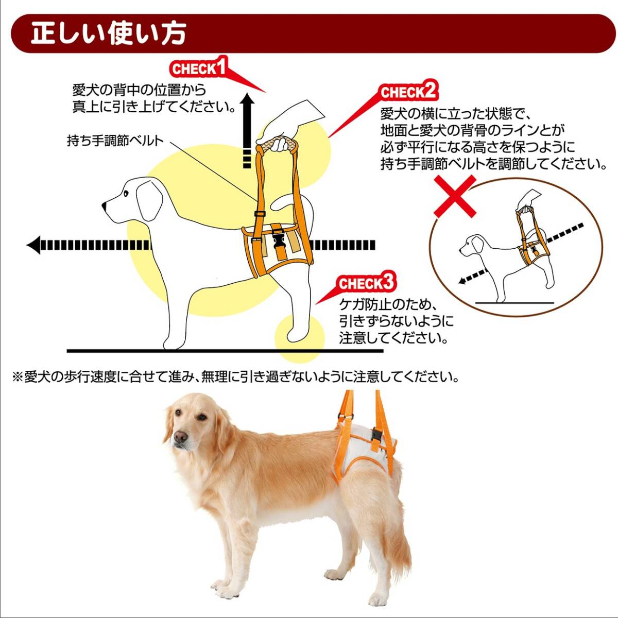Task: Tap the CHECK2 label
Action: tap(409, 92)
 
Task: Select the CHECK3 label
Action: tap(366, 283)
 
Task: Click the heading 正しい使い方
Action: tap(108, 33)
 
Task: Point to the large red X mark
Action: tap(455, 196)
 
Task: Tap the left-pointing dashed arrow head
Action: tap(35, 245)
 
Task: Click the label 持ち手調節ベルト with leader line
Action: tap(115, 141)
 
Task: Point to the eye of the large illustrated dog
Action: tap(126, 193)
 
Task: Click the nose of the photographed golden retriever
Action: tap(180, 437)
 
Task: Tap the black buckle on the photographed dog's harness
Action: tap(375, 435)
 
